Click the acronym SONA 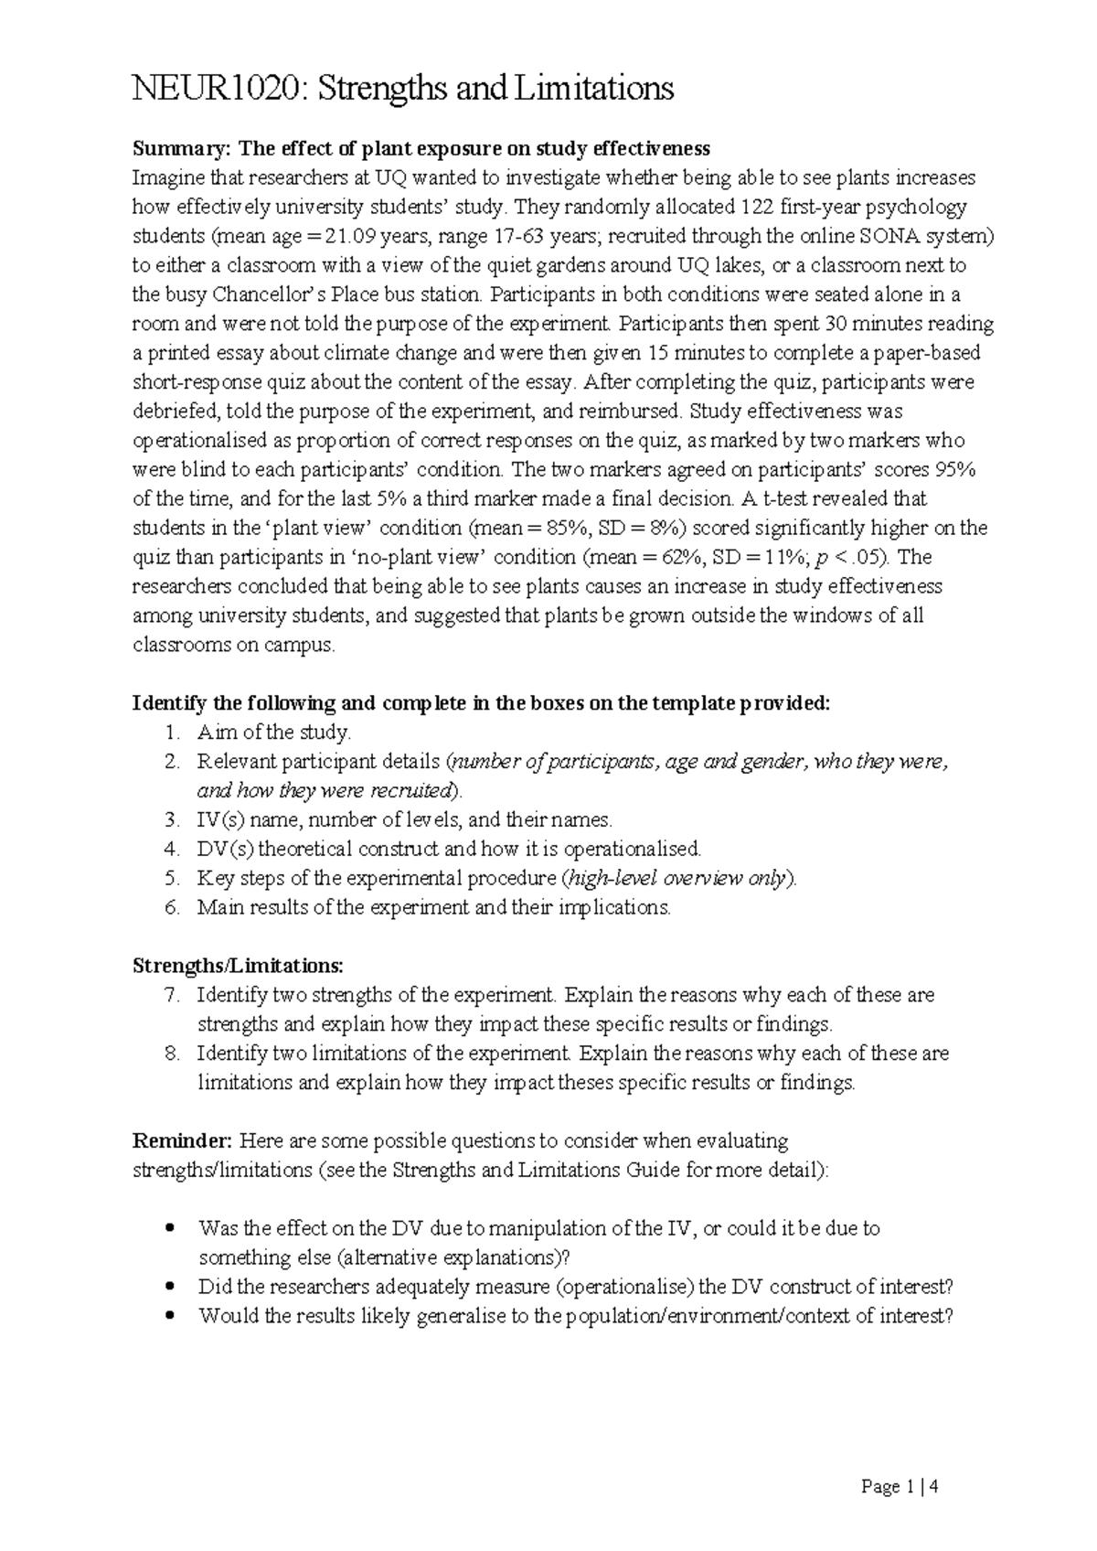coord(890,236)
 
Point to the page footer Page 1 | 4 coord(900,1487)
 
